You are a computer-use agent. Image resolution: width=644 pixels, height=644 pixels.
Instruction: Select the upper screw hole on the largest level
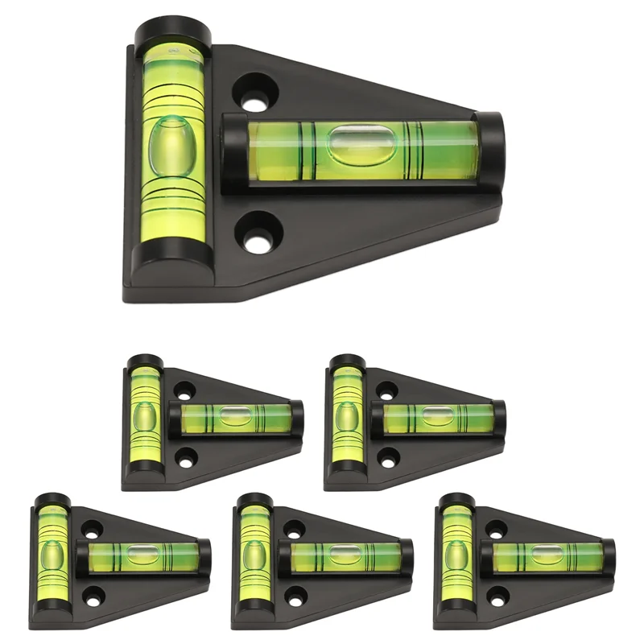(256, 93)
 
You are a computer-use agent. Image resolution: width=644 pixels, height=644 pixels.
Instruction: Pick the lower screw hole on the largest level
(257, 233)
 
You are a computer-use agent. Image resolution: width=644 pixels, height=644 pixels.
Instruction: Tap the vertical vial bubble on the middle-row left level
(145, 419)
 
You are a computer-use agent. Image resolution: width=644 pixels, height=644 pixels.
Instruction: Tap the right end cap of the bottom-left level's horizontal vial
(204, 557)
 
